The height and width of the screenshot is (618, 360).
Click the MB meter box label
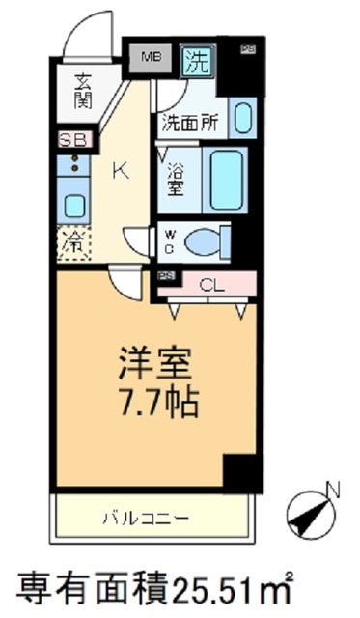[151, 58]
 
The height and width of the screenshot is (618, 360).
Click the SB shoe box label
[72, 140]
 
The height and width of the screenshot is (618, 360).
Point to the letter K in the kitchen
[120, 172]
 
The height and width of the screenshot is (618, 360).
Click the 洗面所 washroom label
[189, 123]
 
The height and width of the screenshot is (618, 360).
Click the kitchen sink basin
[73, 204]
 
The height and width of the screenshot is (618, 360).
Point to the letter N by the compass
[333, 492]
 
